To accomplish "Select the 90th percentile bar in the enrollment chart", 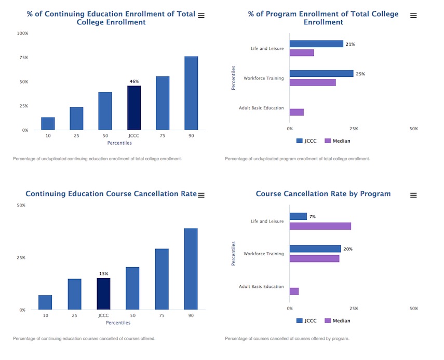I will (x=191, y=93).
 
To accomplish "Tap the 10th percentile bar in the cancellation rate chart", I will (x=45, y=302).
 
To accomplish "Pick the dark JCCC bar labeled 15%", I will (x=103, y=294).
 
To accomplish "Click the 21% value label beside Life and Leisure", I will (x=351, y=44).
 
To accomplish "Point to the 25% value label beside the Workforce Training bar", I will (x=360, y=74).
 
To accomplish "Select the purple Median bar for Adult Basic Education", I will (x=297, y=112).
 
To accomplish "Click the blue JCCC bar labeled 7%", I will (x=298, y=216).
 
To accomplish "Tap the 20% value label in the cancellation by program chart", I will (x=348, y=249).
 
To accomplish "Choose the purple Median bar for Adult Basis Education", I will (x=294, y=291).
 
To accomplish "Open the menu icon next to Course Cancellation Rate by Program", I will (x=413, y=195).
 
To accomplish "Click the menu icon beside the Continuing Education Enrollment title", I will (x=201, y=16).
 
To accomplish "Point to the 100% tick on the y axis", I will (x=23, y=33).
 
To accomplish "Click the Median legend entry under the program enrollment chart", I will (x=338, y=141).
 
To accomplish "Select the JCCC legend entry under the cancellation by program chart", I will (x=306, y=321).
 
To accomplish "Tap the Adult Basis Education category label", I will (x=261, y=286).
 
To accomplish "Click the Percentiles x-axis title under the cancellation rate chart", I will (x=118, y=323).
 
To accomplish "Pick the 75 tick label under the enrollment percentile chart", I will (x=163, y=136).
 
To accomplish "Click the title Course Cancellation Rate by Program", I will (x=323, y=194).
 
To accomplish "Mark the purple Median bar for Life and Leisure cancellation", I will (x=320, y=226).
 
